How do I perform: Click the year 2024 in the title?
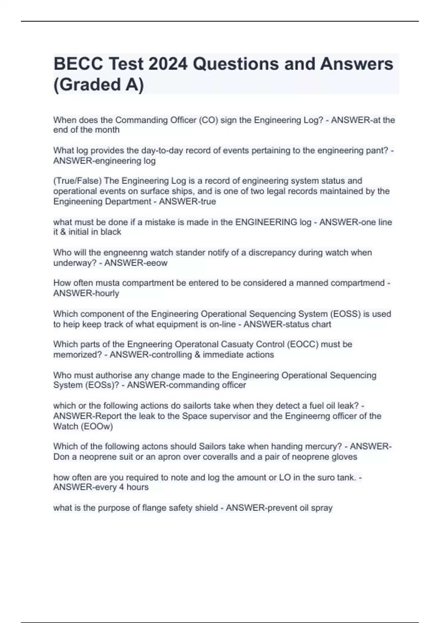tap(168, 64)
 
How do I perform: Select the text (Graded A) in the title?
tap(99, 85)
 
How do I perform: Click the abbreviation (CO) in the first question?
tap(208, 120)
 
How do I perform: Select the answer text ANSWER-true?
tap(187, 201)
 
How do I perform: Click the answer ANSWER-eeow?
tap(136, 263)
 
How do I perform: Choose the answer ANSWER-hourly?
tap(86, 293)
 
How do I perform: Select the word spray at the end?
tap(322, 508)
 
